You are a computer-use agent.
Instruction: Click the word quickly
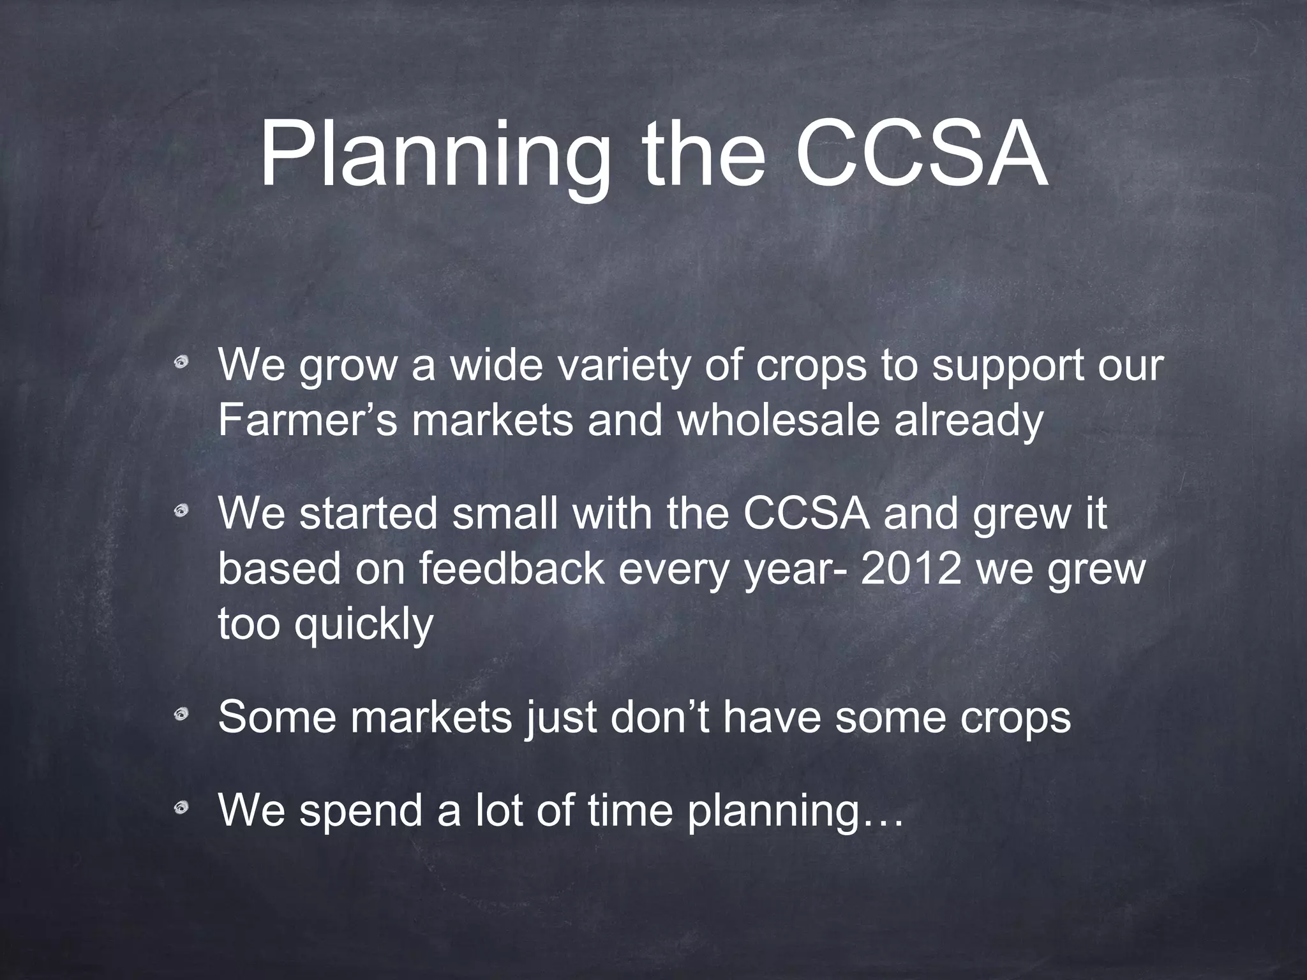(x=364, y=625)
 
